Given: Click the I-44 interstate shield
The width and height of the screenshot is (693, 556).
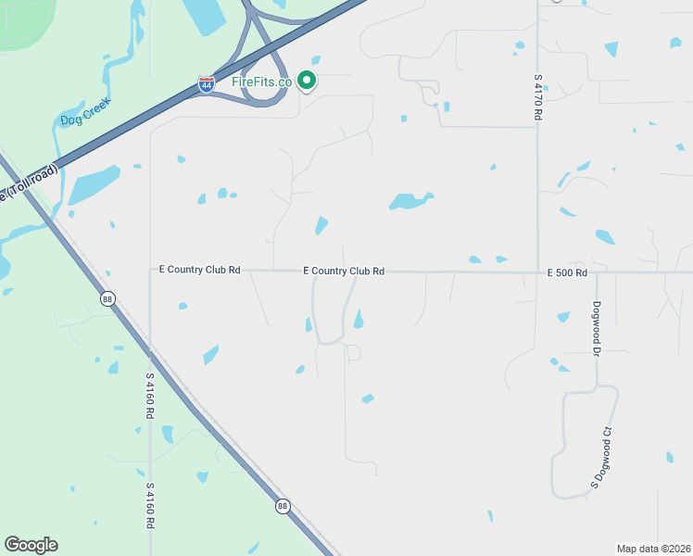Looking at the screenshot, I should coord(206,85).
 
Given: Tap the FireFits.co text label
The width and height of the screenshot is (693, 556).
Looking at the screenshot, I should coord(262,82).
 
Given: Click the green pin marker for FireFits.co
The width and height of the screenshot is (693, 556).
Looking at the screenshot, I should coord(308,82).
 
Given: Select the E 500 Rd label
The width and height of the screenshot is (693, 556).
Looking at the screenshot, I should coord(567,272).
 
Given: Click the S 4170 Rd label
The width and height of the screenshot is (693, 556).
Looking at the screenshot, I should coord(537,97).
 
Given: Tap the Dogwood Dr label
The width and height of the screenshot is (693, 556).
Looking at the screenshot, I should coord(598,328).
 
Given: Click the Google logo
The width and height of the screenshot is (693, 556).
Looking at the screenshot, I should coord(31,545).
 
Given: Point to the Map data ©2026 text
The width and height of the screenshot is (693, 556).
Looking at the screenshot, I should coord(653,549).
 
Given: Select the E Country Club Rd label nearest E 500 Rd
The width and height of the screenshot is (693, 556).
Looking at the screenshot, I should coord(344,271).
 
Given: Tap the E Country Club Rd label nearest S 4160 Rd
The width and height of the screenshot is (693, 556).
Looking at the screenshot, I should coord(200,270).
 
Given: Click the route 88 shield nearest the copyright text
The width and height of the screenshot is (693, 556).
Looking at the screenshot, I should coord(282,506).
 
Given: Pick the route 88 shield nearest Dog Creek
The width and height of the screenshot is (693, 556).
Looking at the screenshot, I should coord(107,297).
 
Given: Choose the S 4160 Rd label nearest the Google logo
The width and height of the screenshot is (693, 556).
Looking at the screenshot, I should coord(149,504).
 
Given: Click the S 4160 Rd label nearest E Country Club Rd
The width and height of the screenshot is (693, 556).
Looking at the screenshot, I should coord(149,396).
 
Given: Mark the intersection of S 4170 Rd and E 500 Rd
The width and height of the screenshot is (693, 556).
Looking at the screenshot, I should coord(537,272).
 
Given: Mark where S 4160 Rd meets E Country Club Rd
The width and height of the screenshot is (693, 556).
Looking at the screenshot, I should coord(150,271).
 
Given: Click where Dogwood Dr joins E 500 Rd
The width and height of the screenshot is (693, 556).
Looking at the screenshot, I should coord(598,272).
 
